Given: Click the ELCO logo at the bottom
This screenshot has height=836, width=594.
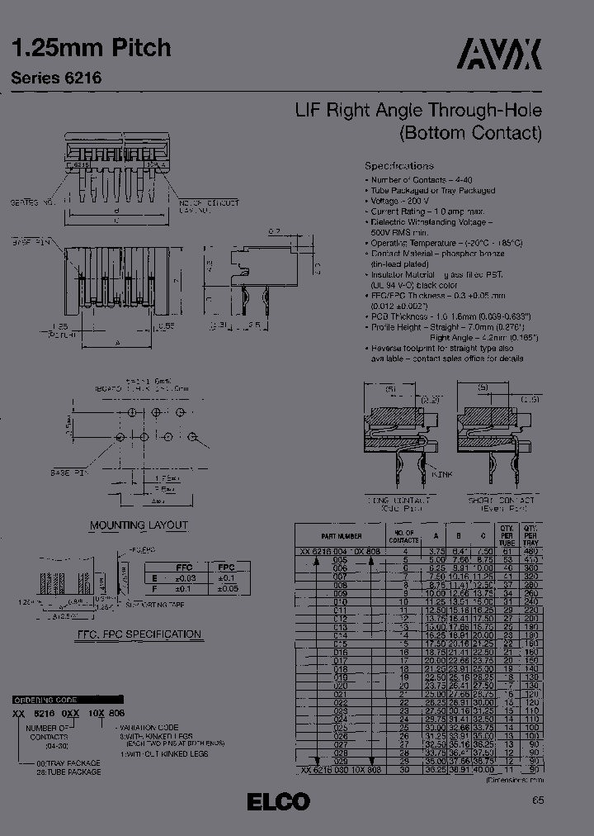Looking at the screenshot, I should point(278,801).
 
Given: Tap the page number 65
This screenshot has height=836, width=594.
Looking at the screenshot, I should point(537,800).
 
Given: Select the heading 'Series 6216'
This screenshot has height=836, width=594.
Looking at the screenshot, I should point(57,78).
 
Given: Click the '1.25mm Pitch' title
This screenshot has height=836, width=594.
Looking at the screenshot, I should point(91,48).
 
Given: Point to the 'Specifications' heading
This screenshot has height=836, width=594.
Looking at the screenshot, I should point(398,165).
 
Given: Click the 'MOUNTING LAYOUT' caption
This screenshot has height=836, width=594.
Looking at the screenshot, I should point(139,525).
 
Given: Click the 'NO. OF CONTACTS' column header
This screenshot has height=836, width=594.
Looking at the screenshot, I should point(404,536).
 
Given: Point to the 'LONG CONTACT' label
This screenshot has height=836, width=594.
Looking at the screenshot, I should point(399,501).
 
